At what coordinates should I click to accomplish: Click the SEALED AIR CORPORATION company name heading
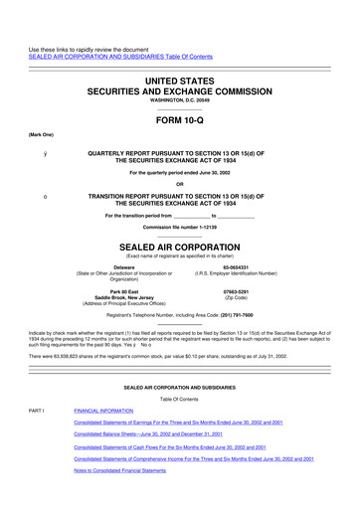(179, 244)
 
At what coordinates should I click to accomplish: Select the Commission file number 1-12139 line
(179, 227)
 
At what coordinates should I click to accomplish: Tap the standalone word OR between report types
(179, 193)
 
